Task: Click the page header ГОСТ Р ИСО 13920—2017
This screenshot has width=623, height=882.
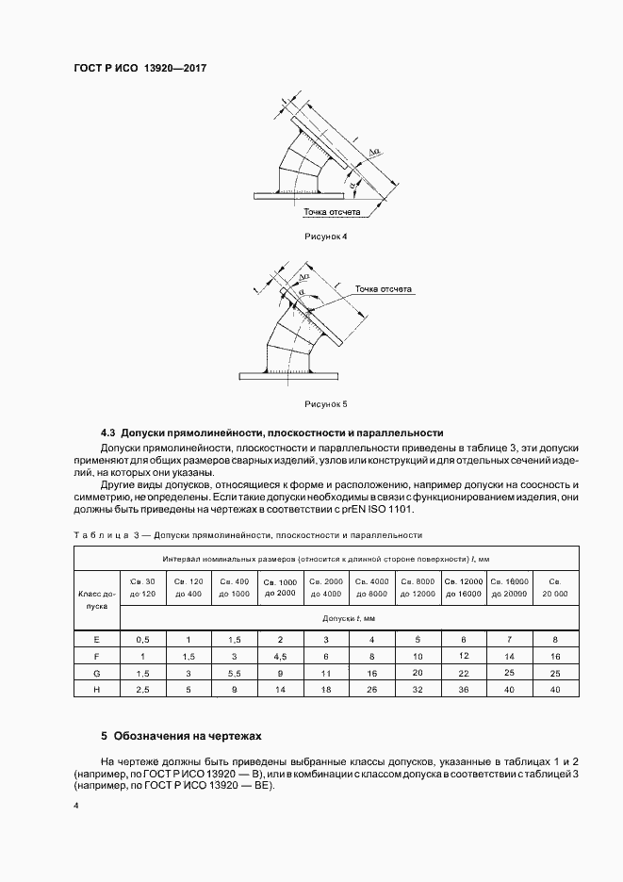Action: click(x=139, y=69)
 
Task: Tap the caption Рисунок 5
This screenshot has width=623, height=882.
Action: click(x=326, y=404)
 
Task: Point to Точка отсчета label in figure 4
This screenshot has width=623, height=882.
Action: click(x=326, y=214)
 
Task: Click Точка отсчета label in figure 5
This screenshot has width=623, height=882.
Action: click(x=385, y=289)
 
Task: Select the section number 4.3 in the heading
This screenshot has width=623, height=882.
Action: click(x=108, y=433)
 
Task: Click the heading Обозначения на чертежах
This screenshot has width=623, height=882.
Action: click(x=186, y=734)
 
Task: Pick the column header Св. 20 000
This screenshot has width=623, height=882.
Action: click(x=555, y=587)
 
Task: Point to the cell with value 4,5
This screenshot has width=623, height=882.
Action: click(x=280, y=656)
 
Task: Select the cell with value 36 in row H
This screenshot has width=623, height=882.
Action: click(x=464, y=690)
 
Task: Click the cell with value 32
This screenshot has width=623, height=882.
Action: click(x=418, y=690)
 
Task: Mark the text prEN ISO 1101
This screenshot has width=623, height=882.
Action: click(x=375, y=509)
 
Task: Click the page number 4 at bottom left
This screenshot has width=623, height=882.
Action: click(x=76, y=806)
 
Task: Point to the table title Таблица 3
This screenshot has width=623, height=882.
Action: click(x=105, y=534)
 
